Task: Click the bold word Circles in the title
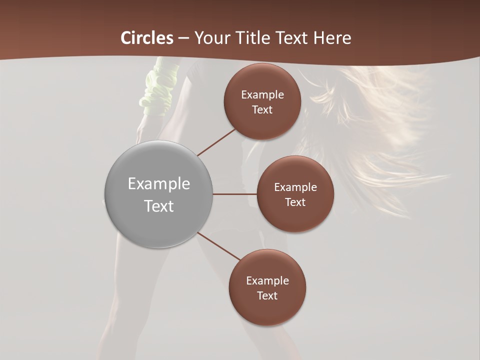tap(147, 38)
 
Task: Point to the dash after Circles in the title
tap(183, 38)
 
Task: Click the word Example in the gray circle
tap(158, 184)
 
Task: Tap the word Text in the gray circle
tap(158, 206)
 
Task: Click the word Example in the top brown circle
tap(262, 94)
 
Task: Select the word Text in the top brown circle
tap(262, 109)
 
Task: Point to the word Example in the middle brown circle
tap(295, 187)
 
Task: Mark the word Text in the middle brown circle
tap(295, 202)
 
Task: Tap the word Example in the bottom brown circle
tap(267, 281)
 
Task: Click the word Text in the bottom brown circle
tap(267, 296)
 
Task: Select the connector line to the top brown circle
tap(216, 142)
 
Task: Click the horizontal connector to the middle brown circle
tap(234, 194)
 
